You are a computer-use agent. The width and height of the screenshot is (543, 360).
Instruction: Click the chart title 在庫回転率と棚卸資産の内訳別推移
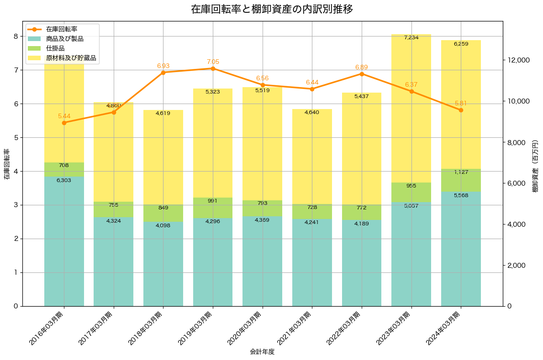coord(271,9)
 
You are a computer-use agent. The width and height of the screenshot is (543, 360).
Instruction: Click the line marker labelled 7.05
coord(213,68)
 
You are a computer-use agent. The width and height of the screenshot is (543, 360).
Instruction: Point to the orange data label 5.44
coord(64,116)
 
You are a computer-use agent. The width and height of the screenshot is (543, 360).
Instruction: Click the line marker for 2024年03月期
coord(461,110)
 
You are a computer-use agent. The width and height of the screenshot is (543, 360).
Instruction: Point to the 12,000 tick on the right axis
coord(519,60)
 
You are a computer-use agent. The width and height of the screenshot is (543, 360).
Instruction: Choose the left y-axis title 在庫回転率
coord(6,164)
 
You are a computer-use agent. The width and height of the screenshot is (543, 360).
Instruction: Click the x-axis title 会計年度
coord(262,352)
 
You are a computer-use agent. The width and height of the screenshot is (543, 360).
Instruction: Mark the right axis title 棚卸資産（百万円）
coord(536,164)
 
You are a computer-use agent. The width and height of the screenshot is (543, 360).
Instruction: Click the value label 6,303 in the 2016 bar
coord(64,181)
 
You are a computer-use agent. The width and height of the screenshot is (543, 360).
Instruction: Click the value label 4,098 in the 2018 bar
coord(163,226)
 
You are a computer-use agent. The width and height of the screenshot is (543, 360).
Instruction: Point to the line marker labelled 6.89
coord(362,74)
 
